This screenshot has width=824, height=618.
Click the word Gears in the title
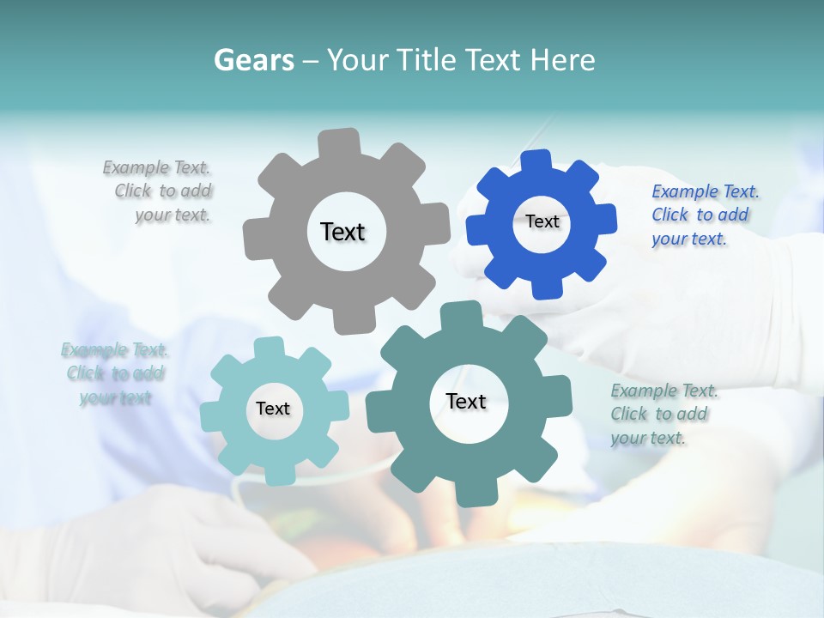tap(253, 60)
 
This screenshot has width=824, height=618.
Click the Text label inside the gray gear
tap(342, 232)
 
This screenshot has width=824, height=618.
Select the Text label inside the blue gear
tap(542, 221)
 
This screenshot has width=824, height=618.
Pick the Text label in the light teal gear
tap(273, 409)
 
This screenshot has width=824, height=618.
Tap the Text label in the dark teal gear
tap(466, 401)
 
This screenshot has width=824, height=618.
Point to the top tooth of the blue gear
tap(536, 161)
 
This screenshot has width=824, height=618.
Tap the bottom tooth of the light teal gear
tap(277, 474)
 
